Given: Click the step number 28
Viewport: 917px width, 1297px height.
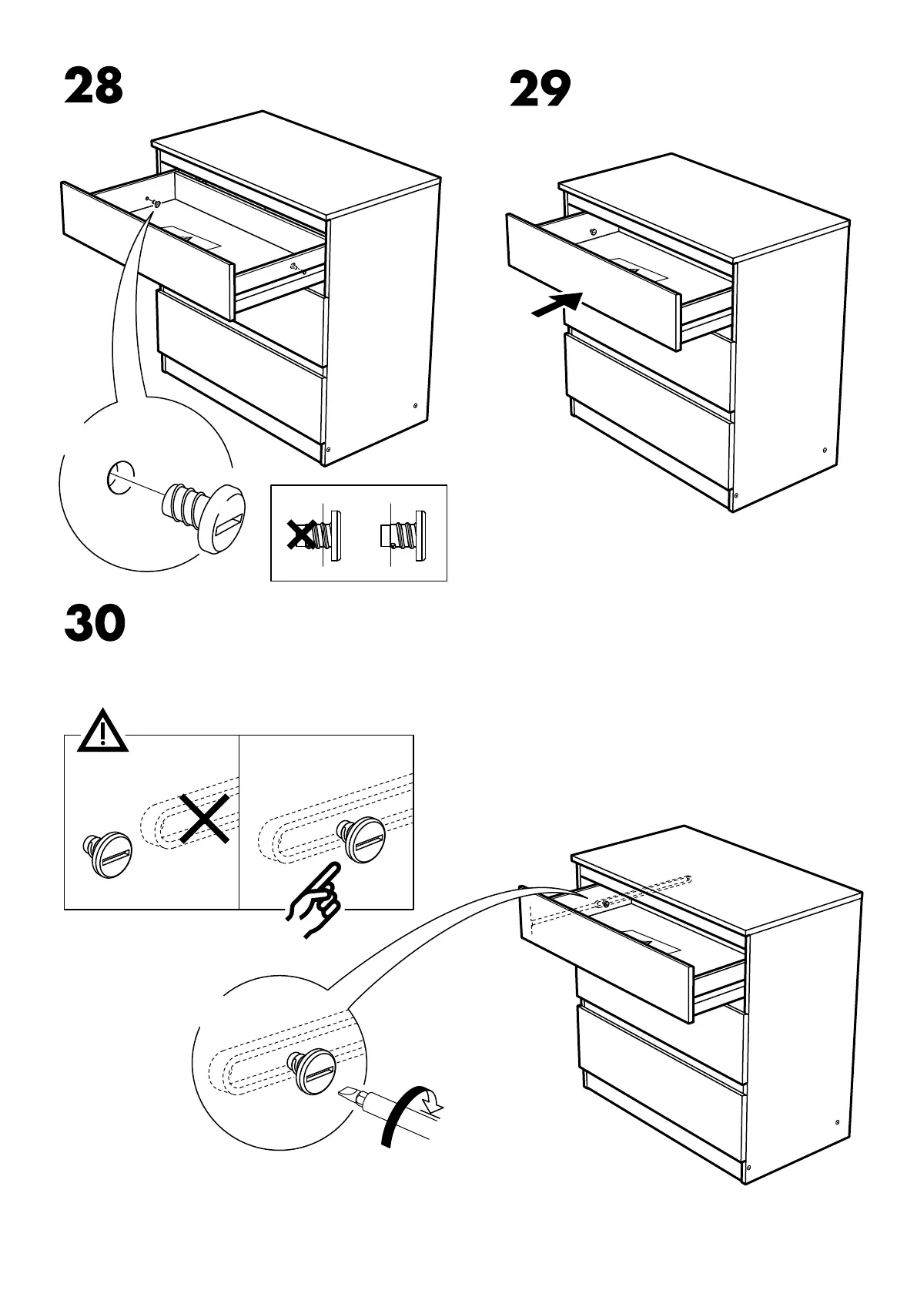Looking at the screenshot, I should [x=93, y=86].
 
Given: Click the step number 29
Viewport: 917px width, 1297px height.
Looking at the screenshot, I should [x=540, y=90].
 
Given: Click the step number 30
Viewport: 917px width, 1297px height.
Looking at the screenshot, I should [x=95, y=625].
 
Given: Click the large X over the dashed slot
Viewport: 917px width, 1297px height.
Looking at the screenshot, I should [x=205, y=819].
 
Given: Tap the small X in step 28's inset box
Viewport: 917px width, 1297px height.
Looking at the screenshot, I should [x=300, y=533].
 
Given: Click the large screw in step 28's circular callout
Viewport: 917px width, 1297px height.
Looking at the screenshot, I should [x=203, y=514].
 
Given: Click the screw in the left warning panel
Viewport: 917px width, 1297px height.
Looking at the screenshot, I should [x=109, y=854].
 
